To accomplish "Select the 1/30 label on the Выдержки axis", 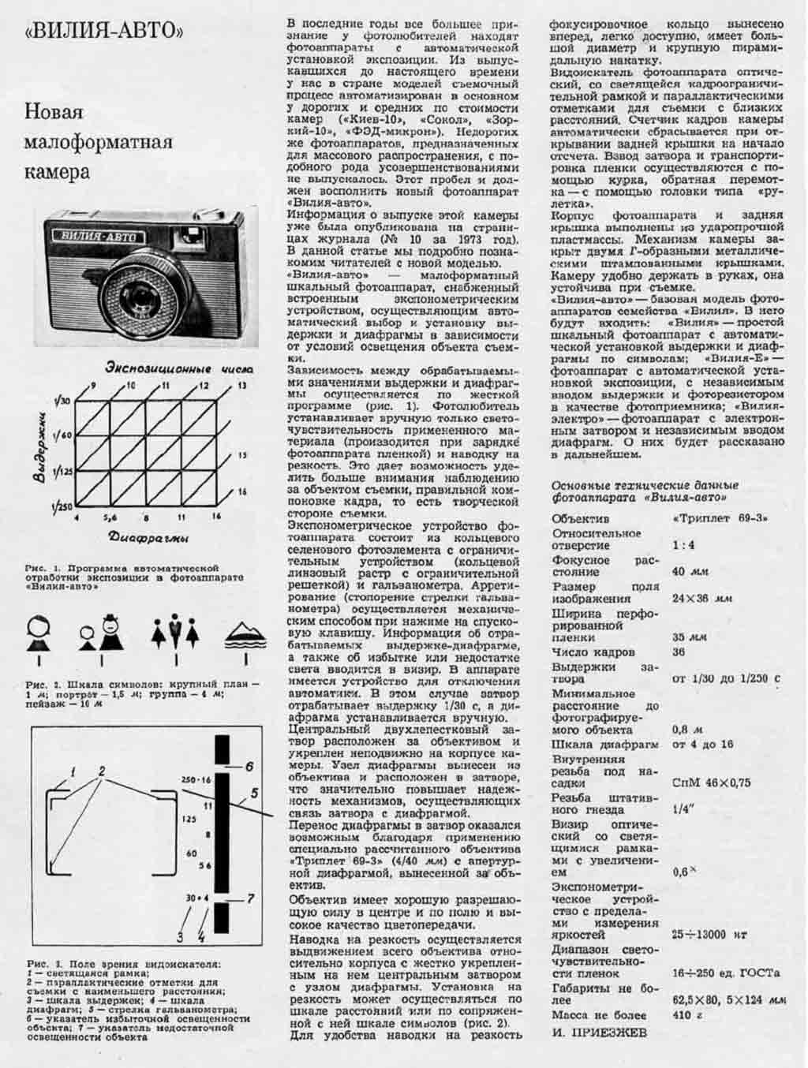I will [63, 401].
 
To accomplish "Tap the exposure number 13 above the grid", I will [241, 386].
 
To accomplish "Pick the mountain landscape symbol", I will [245, 636].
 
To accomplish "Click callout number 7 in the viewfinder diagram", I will [249, 898].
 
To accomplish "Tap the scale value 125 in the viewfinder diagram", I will [188, 820].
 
